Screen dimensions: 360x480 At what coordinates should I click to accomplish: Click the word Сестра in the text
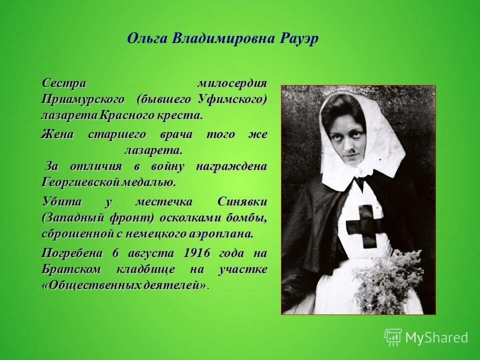click(x=64, y=82)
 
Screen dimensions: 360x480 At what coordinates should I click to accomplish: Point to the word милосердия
click(x=232, y=82)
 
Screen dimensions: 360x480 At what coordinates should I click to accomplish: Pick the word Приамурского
click(x=83, y=99)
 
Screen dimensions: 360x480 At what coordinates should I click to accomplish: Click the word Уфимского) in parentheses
click(x=232, y=99)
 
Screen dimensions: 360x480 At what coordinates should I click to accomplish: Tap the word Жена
click(x=57, y=134)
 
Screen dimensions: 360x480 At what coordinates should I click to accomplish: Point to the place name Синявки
click(x=242, y=201)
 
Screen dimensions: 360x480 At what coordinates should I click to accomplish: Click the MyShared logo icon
click(x=393, y=337)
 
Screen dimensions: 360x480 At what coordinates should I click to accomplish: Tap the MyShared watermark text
click(x=436, y=337)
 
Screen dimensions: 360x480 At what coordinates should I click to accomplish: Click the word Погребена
click(x=72, y=252)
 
